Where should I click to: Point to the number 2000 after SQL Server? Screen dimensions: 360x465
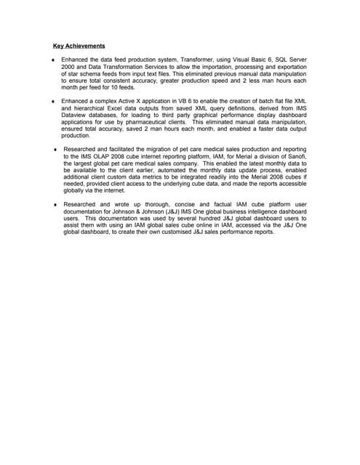point(70,68)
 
